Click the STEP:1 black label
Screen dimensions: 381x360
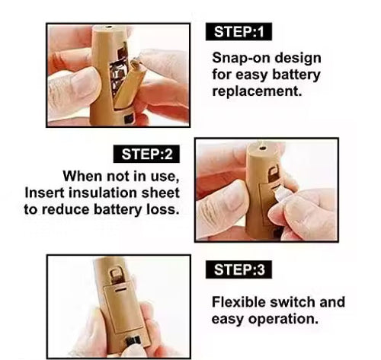pyautogui.click(x=239, y=32)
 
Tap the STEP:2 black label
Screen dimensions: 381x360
pyautogui.click(x=146, y=154)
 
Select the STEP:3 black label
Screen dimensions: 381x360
pyautogui.click(x=239, y=269)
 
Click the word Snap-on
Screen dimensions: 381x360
pyautogui.click(x=241, y=59)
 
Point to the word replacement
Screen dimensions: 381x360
pyautogui.click(x=257, y=91)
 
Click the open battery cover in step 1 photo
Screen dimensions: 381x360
pyautogui.click(x=132, y=84)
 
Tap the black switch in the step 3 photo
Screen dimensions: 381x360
pyautogui.click(x=133, y=341)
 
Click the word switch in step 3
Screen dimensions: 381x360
pyautogui.click(x=291, y=302)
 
